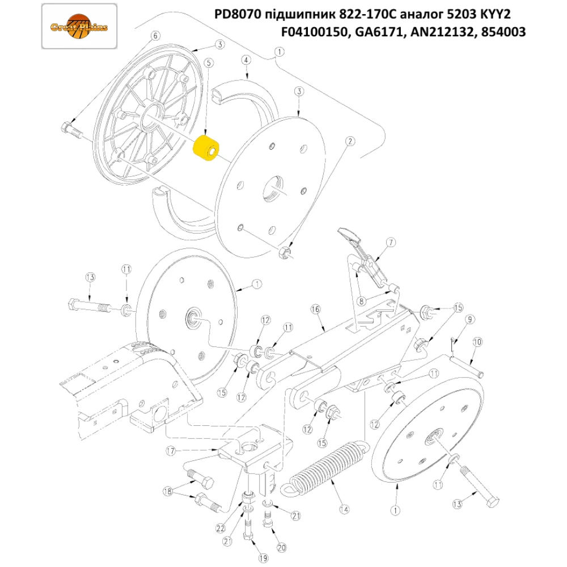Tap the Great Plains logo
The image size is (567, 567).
point(80,27)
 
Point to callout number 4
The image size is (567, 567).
point(246,60)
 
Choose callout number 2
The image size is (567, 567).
point(351,141)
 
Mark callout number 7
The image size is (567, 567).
point(390,243)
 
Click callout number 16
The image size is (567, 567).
point(316,310)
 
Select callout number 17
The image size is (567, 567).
point(169,451)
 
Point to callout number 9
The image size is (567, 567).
point(470,320)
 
